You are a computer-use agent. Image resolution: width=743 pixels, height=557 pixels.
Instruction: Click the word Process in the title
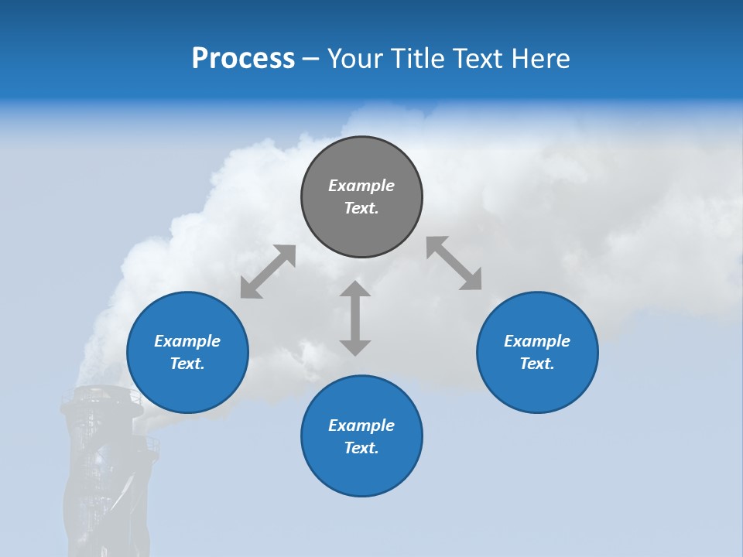243,59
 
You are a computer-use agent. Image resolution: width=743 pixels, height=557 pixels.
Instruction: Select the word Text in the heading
479,59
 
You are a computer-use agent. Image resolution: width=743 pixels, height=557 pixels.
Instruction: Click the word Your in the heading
358,59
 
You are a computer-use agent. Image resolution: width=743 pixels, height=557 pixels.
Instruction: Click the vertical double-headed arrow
355,318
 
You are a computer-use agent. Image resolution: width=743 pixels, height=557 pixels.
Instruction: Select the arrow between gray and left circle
268,272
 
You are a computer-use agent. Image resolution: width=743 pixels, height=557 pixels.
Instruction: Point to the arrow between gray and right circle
454,264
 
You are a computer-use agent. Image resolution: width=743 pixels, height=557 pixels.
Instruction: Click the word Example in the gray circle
361,186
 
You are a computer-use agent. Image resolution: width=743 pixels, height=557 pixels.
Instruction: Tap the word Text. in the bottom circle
361,448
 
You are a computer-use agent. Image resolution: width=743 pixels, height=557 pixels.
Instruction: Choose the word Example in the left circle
187,341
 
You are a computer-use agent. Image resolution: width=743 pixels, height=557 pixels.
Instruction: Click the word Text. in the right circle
537,364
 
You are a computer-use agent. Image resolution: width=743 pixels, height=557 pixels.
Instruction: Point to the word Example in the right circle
537,341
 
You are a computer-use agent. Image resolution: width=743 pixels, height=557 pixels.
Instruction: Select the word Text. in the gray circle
361,208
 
